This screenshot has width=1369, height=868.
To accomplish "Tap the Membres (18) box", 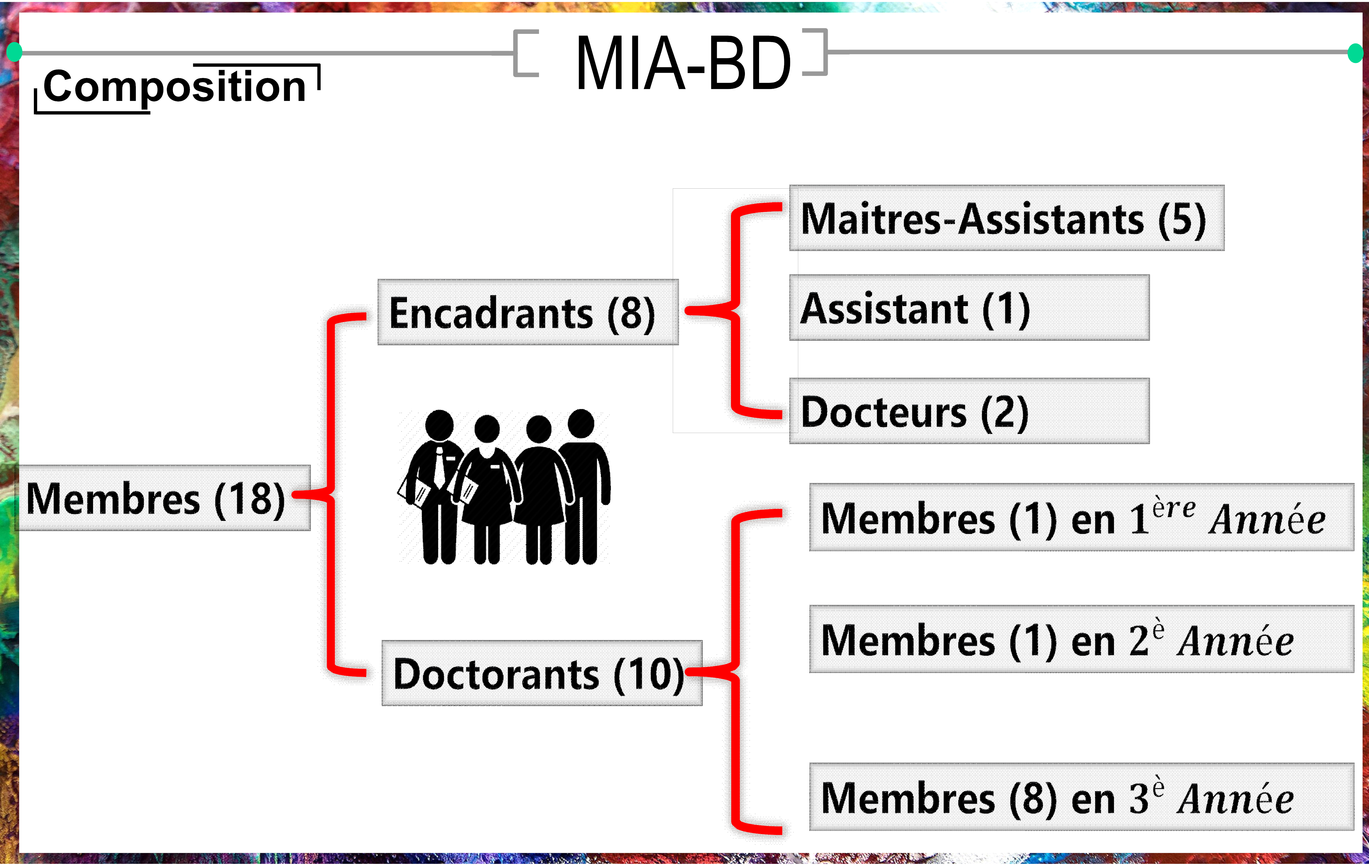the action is (x=162, y=498).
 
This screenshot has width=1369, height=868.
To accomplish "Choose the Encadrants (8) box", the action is (x=528, y=312).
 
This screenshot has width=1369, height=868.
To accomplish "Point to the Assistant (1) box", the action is (x=969, y=308).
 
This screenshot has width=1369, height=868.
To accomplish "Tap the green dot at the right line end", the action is (x=1355, y=53).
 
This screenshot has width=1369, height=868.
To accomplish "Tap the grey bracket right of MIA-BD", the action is (x=815, y=52).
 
